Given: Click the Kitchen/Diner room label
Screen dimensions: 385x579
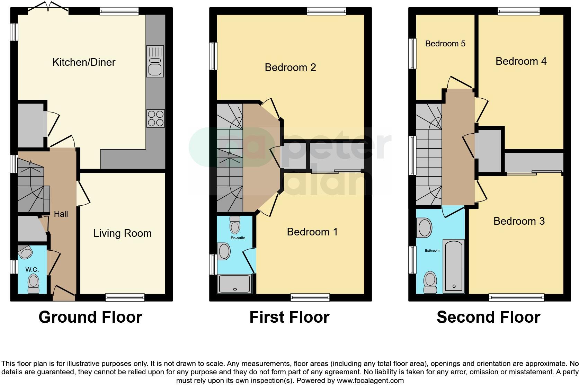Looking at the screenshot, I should [x=84, y=62].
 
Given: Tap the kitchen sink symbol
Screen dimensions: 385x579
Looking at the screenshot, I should [x=155, y=61].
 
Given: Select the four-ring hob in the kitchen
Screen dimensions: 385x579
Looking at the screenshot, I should [x=155, y=118].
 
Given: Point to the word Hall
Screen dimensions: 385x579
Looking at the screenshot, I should [x=61, y=214].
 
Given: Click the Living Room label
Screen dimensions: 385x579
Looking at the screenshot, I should [x=122, y=233].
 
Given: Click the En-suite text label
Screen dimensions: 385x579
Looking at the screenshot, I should [x=238, y=238].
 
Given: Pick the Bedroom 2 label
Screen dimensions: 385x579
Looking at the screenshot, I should [x=290, y=68].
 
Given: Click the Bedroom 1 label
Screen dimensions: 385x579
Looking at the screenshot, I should [x=312, y=232].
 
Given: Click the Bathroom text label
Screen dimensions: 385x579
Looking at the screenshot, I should [x=432, y=250].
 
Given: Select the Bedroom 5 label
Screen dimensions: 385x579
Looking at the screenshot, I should [x=445, y=44].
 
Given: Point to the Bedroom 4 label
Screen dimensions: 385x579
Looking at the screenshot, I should [x=521, y=61].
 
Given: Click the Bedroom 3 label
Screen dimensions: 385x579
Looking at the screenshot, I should [x=519, y=221].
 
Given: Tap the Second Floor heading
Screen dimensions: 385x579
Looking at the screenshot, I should [x=488, y=317].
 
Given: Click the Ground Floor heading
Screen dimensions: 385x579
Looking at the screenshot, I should [x=90, y=317].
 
